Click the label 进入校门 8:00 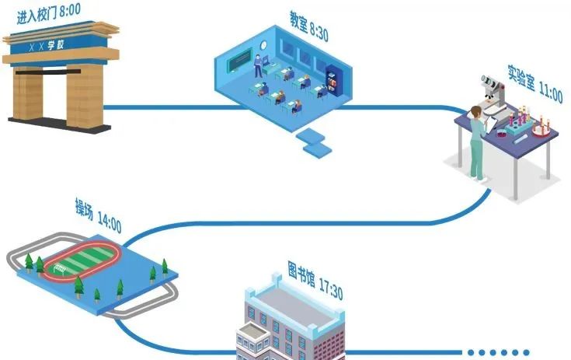tap(48, 10)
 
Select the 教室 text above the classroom tap(298, 18)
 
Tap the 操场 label tap(84, 208)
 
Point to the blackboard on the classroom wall tap(239, 60)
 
